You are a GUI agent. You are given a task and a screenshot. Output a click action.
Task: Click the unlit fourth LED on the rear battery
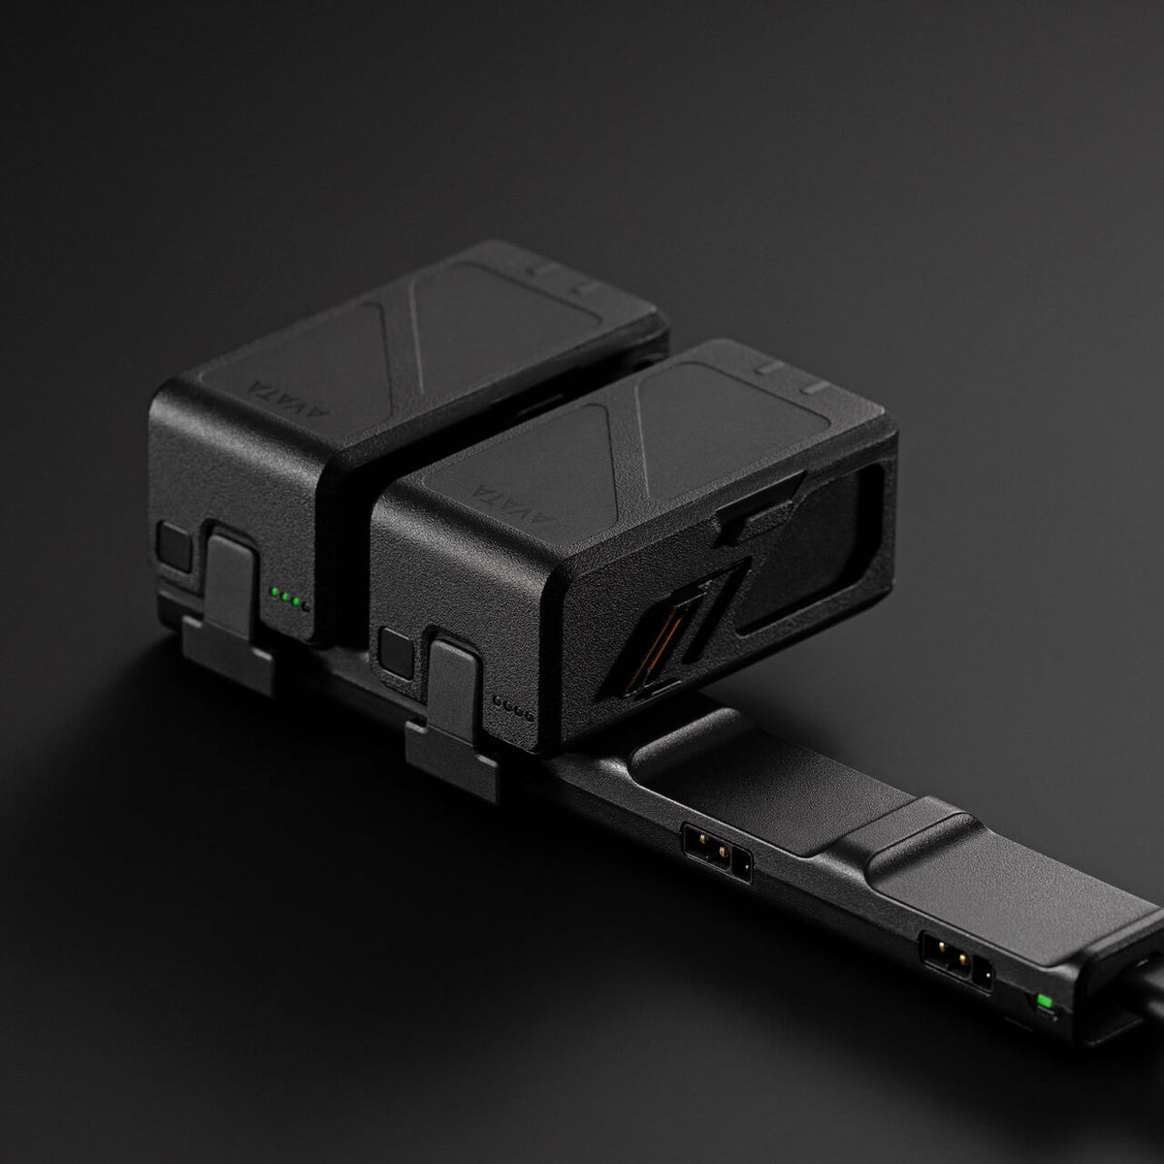tap(306, 606)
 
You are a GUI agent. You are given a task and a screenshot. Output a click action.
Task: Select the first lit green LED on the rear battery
tap(275, 592)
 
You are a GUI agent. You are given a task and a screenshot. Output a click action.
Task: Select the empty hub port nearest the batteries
tap(717, 851)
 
